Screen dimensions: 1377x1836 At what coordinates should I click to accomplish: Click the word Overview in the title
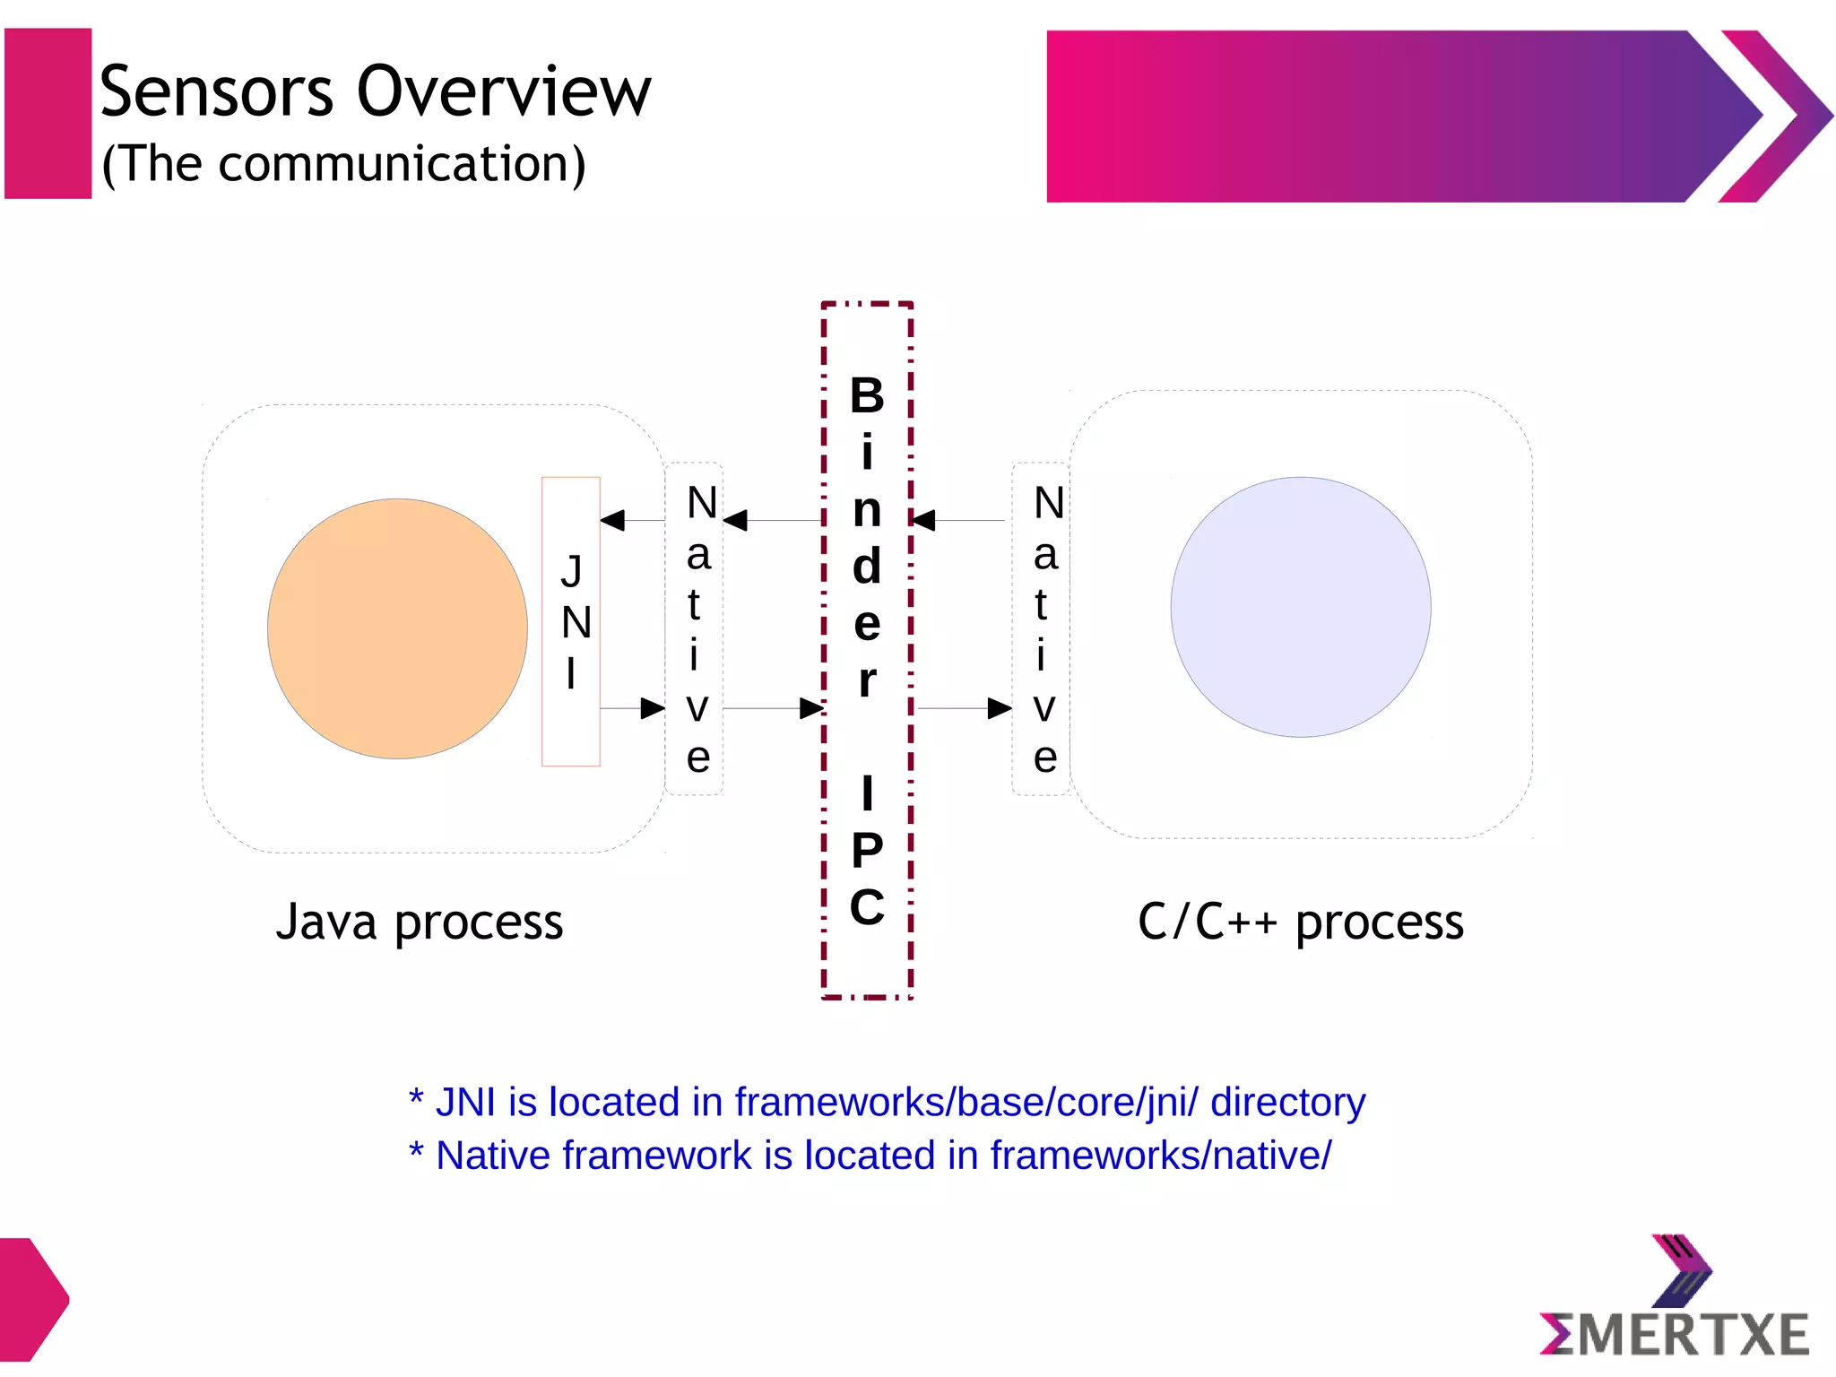click(504, 91)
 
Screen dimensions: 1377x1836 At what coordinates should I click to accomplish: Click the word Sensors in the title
click(216, 91)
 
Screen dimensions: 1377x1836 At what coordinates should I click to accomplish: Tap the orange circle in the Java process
click(397, 628)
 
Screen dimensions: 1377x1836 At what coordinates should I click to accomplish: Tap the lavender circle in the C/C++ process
click(1300, 607)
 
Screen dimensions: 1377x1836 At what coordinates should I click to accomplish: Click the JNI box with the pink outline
click(571, 621)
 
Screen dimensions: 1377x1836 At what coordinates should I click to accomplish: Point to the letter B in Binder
click(867, 395)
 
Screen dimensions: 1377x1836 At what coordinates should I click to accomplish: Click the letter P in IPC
click(867, 849)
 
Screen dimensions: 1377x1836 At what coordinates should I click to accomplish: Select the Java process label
click(420, 922)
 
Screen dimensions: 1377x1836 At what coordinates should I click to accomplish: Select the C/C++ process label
click(1300, 922)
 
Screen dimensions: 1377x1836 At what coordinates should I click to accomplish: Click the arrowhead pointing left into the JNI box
click(613, 520)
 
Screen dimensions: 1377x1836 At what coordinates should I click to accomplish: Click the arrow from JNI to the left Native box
click(633, 708)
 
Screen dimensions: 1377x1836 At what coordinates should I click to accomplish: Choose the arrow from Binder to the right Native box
click(965, 708)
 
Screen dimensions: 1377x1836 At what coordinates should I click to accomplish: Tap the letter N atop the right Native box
click(1048, 502)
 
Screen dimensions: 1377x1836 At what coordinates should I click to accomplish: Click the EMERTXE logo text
click(1674, 1334)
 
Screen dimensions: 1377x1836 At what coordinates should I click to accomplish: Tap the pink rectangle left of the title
click(48, 113)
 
